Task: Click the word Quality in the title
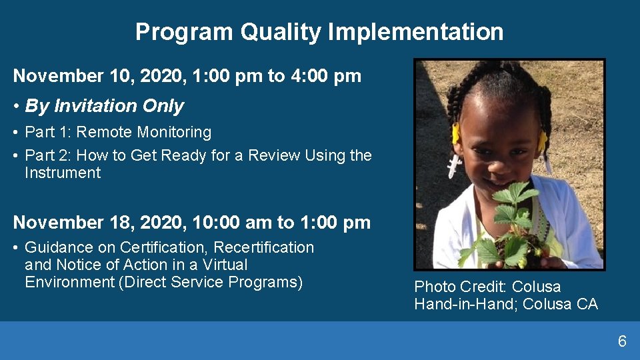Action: [281, 32]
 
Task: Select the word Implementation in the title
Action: [415, 32]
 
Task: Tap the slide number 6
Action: [622, 341]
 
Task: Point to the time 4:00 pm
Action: [326, 76]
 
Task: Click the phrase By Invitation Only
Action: [105, 106]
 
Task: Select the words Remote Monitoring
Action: [144, 132]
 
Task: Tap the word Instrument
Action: [63, 173]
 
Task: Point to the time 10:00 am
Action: [232, 223]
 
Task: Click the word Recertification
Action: [264, 247]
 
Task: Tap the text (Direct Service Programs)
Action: [211, 283]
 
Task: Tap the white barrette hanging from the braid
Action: [453, 166]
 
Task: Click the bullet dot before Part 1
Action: [15, 133]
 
